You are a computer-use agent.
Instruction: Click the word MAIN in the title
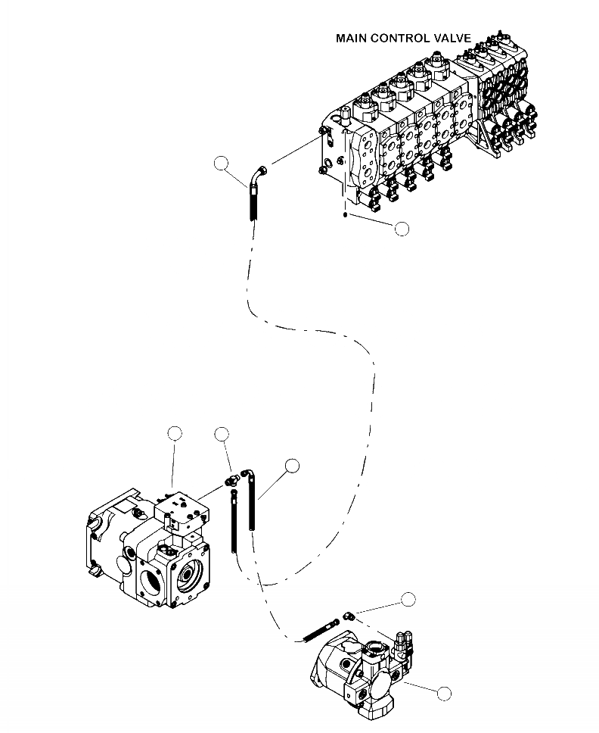coord(353,38)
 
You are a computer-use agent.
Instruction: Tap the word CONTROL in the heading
coord(402,38)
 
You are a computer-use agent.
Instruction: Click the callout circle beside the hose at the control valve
coord(221,163)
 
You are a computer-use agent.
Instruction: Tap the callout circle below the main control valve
coord(402,228)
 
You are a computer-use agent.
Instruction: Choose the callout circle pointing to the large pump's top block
coord(175,433)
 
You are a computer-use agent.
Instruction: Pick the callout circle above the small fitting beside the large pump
coord(222,433)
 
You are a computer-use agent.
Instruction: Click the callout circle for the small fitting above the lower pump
coord(408,599)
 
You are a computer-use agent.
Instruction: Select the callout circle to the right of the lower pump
coord(444,692)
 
